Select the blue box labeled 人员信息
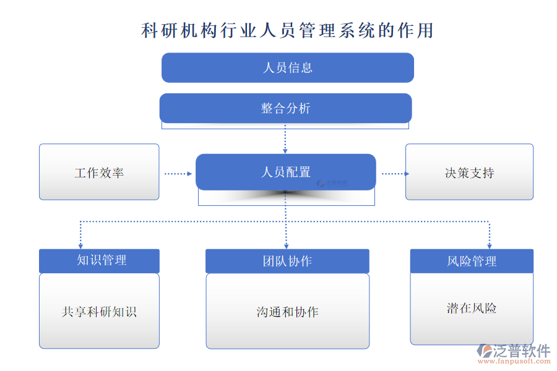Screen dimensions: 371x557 pos(288,67)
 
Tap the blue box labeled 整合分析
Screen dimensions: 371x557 pos(285,108)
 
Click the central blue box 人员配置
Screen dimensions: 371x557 pos(285,172)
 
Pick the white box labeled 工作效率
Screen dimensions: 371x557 pos(99,173)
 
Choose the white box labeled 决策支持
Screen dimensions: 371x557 pos(469,173)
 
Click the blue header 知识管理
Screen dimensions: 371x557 pos(99,260)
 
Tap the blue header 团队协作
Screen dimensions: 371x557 pos(287,261)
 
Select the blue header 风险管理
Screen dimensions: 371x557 pos(472,261)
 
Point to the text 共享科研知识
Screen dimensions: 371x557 pos(99,312)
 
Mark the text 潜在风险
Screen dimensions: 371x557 pos(472,307)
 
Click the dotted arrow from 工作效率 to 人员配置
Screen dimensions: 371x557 pos(178,174)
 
